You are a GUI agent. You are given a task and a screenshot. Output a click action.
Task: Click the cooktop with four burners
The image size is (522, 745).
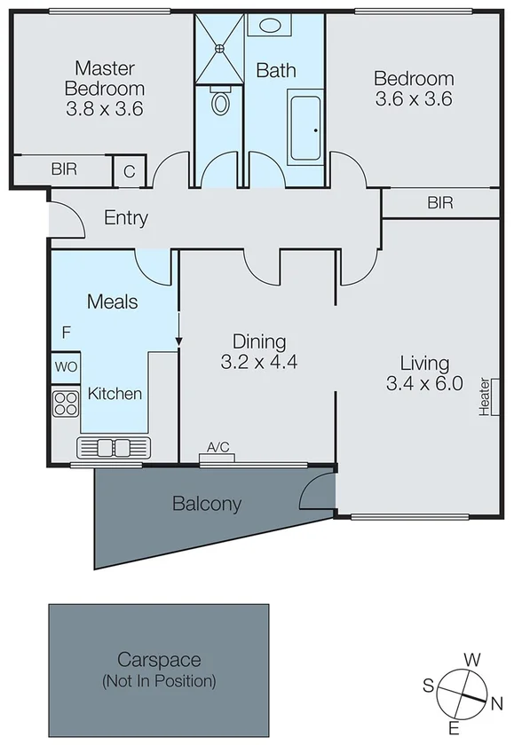tap(66, 404)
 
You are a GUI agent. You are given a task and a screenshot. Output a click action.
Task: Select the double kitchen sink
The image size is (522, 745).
tap(115, 447)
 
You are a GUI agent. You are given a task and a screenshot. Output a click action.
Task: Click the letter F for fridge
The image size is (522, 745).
tap(66, 333)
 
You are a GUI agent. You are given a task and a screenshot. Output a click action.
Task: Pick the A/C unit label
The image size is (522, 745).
tap(217, 448)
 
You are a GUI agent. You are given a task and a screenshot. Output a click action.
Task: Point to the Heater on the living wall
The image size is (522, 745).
tap(486, 396)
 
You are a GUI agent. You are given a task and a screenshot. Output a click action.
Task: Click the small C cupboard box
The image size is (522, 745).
tap(129, 171)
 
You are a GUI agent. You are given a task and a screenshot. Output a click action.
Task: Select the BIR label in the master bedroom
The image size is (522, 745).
tap(63, 169)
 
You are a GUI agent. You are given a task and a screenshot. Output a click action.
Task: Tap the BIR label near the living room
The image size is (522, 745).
tap(440, 203)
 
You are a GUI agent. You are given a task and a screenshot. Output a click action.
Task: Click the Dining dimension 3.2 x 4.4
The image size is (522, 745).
tap(258, 362)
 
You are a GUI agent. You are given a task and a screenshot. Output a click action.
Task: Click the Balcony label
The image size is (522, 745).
tap(207, 504)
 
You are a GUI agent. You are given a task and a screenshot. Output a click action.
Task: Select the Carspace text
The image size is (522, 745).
tap(159, 660)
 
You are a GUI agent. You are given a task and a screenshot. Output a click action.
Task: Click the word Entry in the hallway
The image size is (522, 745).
tap(126, 218)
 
